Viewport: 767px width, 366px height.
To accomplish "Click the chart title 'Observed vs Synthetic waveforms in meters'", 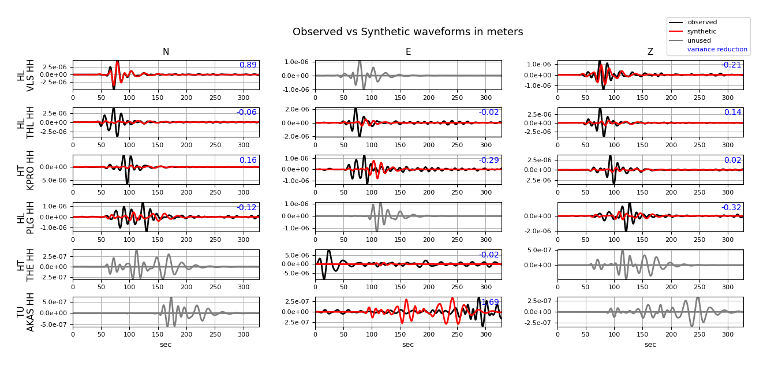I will coord(407,32).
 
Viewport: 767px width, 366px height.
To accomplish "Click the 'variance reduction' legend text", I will coord(717,50).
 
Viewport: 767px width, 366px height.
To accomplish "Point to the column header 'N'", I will coord(166,52).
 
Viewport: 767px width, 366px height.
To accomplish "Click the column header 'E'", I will coord(408,52).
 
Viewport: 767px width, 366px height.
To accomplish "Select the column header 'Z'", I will coord(650,52).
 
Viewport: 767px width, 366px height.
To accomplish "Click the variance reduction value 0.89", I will coord(248,65).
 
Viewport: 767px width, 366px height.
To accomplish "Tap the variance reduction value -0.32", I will coord(731,208).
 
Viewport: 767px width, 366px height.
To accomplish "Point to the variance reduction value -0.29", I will coord(488,160).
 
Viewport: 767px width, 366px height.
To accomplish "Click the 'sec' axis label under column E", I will coord(408,345).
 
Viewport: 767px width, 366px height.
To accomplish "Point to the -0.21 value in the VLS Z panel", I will coord(731,65).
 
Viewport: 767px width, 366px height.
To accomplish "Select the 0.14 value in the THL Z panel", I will coord(732,113).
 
